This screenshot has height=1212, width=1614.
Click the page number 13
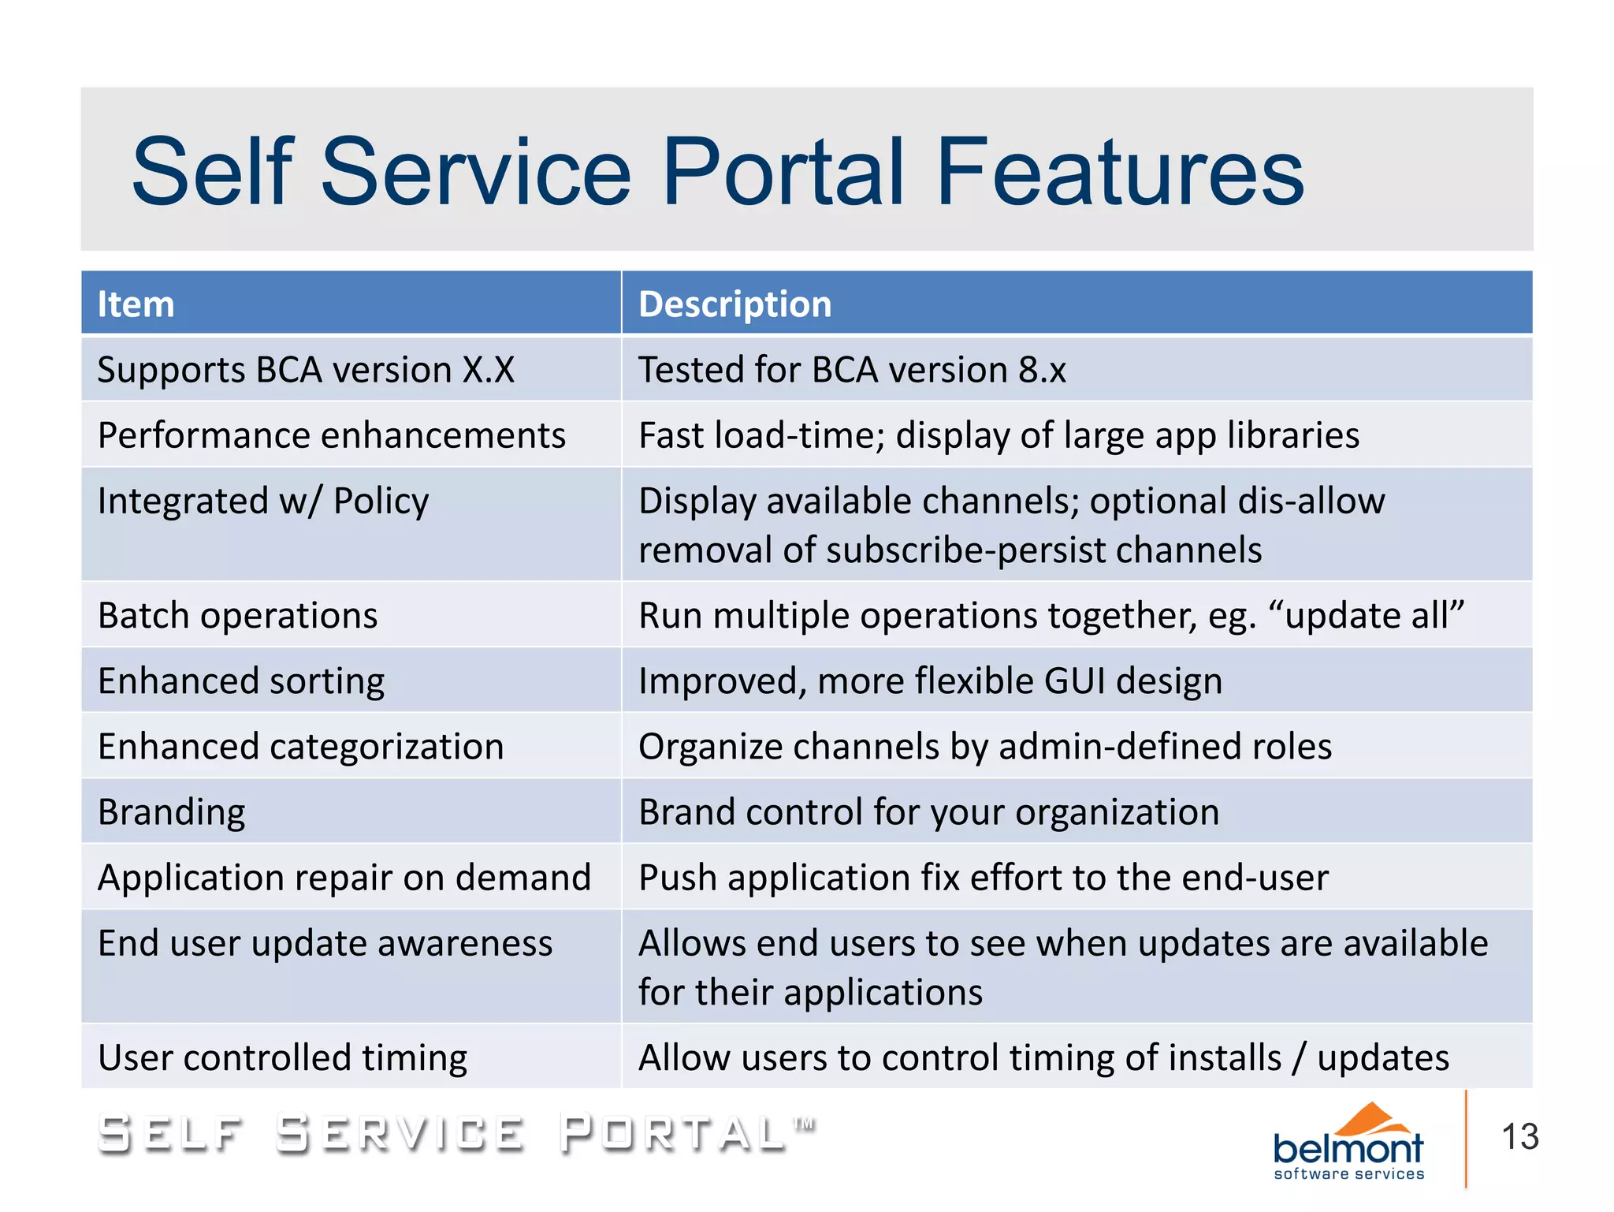[x=1519, y=1137]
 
